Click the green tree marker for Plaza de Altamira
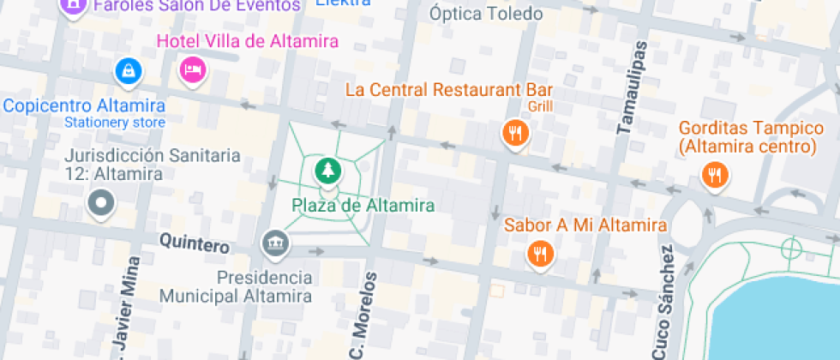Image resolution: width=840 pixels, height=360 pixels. click(x=326, y=171)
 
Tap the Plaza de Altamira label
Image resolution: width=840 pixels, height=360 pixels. click(x=363, y=205)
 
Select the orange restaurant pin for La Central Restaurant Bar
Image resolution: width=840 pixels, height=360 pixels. click(x=514, y=132)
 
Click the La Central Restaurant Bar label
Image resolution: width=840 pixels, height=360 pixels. click(x=449, y=89)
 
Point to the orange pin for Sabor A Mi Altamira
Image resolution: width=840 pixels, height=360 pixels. click(x=539, y=253)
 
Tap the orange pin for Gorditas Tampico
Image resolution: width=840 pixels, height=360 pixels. click(x=714, y=176)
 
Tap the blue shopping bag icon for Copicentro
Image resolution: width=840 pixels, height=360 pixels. click(x=128, y=69)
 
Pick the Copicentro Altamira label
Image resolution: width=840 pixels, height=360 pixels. click(x=84, y=106)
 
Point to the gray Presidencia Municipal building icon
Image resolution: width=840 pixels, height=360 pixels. click(x=275, y=244)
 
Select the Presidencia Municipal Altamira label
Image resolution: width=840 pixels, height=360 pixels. click(x=236, y=287)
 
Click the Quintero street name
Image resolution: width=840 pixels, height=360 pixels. click(x=195, y=244)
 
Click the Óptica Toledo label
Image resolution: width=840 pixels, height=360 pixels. click(x=485, y=14)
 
